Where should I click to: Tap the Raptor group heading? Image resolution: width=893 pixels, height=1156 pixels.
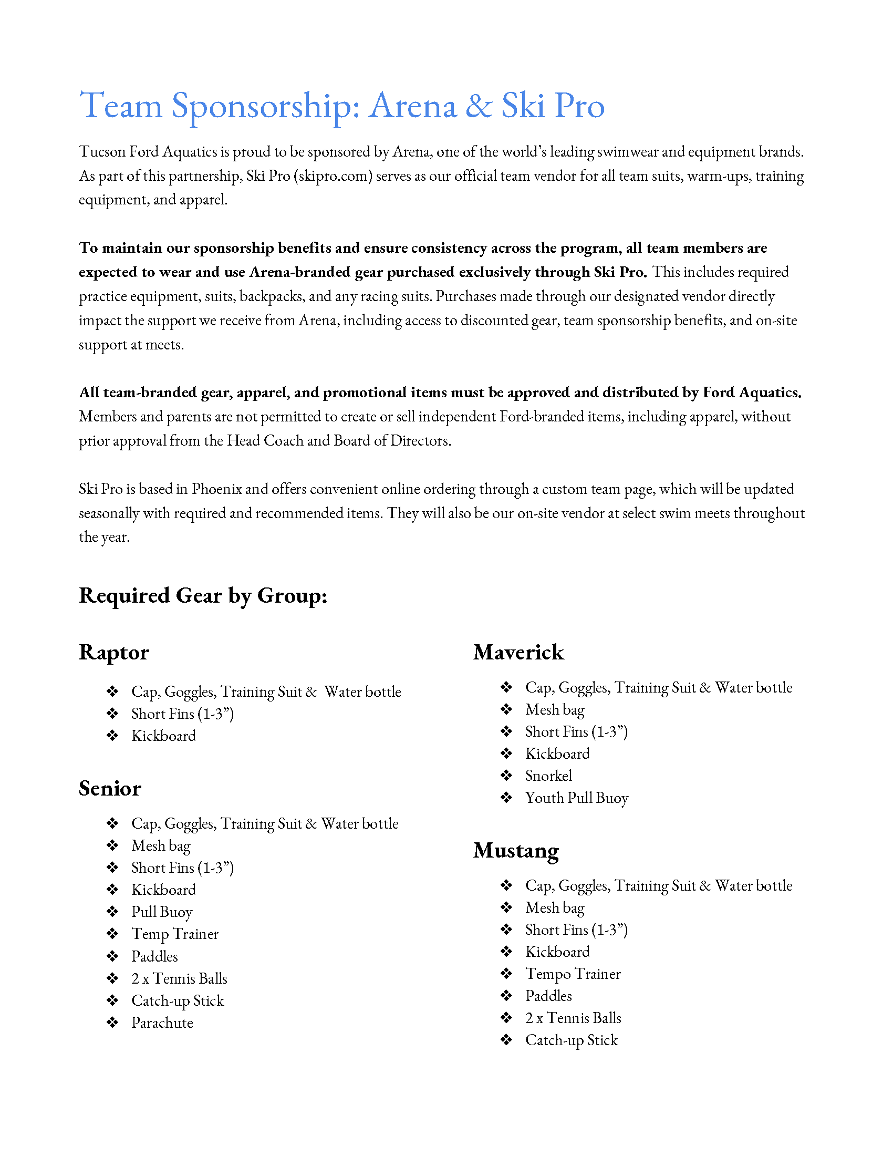pos(114,653)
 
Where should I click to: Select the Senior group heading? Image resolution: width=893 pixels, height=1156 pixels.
pos(110,789)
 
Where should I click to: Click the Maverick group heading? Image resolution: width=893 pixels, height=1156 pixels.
pos(518,653)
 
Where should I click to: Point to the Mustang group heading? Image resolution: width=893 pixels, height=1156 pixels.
pos(516,851)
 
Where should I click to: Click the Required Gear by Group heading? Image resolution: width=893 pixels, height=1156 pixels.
pos(203,596)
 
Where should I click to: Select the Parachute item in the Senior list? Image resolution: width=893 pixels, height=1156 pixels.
pos(162,1023)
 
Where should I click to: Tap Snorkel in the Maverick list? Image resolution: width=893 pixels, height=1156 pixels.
pos(548,776)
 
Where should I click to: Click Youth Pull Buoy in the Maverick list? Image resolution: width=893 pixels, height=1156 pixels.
pos(576,798)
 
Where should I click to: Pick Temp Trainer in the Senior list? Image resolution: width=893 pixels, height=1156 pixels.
pos(174,934)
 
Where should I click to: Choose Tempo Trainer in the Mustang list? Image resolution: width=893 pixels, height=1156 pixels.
pos(573,974)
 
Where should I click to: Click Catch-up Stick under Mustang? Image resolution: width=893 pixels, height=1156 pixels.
pos(571,1040)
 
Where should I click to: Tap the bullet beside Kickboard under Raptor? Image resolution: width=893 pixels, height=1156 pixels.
pos(112,736)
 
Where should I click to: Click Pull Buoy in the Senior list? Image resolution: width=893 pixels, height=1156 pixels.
pos(161,912)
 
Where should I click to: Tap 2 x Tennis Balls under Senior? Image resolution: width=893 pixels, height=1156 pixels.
pos(179,979)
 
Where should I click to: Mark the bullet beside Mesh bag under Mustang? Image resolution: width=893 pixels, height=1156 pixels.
pos(506,908)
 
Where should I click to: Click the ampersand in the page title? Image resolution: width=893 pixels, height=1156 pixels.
pos(478,106)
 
